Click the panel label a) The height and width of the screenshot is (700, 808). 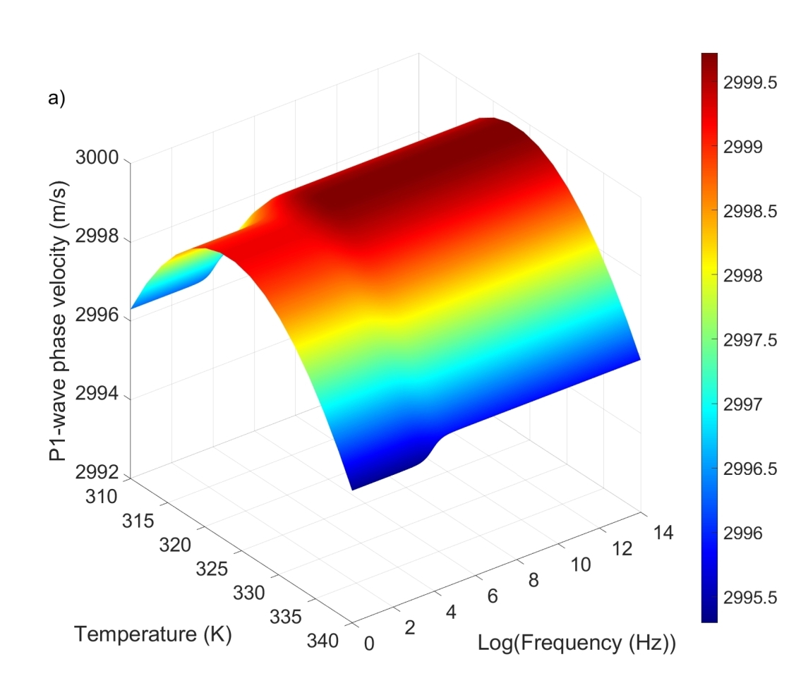(56, 99)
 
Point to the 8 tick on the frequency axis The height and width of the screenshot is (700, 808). (533, 580)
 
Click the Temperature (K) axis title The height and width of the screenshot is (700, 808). (154, 634)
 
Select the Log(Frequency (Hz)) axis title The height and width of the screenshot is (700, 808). (577, 644)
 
